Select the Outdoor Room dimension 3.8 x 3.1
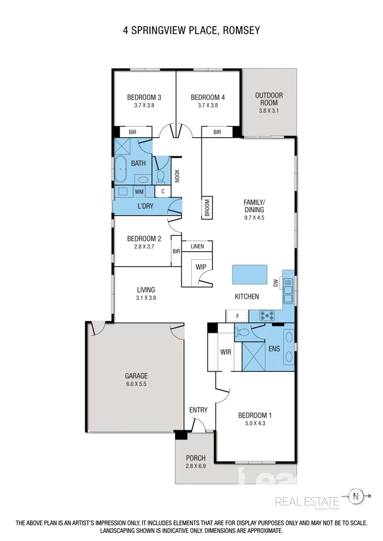coord(269,111)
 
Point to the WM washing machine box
coord(139,192)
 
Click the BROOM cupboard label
coord(207,207)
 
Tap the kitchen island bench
coord(250,274)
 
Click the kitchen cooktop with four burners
coord(267,316)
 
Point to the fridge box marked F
coord(237,316)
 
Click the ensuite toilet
coord(243,332)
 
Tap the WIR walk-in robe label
coord(225,352)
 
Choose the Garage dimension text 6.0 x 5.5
coord(136,384)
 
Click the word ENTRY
coord(198,410)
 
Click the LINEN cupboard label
coord(197,246)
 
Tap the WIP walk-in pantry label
coord(200,267)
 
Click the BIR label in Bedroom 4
coord(217,132)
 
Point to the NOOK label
coord(177,175)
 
